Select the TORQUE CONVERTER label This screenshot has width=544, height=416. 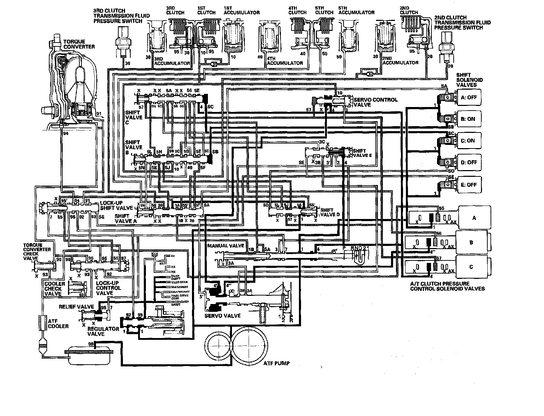79,44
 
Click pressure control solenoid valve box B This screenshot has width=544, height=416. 471,243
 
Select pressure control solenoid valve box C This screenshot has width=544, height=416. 471,267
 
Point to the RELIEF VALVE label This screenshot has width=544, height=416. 76,307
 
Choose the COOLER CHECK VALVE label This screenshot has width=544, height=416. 55,289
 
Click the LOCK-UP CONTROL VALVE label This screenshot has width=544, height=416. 108,288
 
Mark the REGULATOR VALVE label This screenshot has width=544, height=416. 103,331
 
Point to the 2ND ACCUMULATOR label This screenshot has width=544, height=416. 400,63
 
